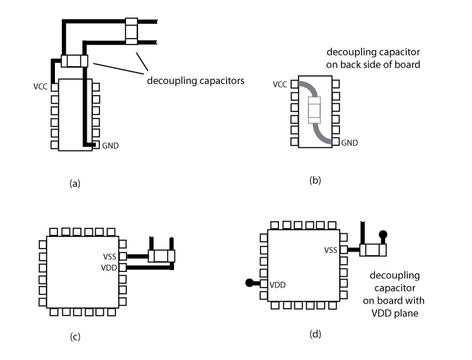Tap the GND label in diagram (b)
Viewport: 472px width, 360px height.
(x=349, y=143)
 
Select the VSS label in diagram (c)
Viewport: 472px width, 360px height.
(x=110, y=258)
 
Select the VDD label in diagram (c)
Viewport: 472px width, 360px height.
(x=110, y=268)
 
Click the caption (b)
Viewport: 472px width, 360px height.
(x=316, y=180)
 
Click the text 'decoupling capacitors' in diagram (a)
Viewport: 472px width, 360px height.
(x=195, y=81)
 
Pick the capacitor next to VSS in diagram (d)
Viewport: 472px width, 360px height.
(x=373, y=250)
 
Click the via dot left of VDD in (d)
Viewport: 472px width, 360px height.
(x=249, y=284)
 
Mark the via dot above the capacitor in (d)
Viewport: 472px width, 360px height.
(x=383, y=234)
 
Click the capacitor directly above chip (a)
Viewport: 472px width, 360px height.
(x=73, y=61)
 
